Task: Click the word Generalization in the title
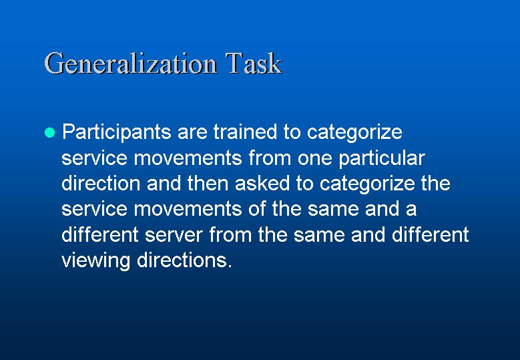[x=131, y=63]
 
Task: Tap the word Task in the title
[x=254, y=63]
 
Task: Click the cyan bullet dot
[x=50, y=132]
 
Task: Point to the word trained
[x=245, y=132]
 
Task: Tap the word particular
[x=382, y=159]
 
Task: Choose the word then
[x=208, y=183]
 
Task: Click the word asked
[x=262, y=183]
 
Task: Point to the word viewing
[x=96, y=260]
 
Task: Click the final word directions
[x=184, y=260]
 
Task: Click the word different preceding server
[x=100, y=234]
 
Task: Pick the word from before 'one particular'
[x=270, y=157]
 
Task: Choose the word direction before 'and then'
[x=101, y=183]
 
